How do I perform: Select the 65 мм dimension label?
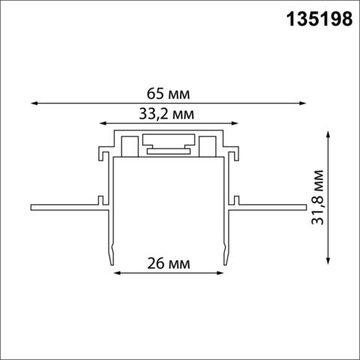[169, 94]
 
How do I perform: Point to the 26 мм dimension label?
[170, 264]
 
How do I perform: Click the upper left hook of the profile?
[100, 154]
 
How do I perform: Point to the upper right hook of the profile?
[237, 154]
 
